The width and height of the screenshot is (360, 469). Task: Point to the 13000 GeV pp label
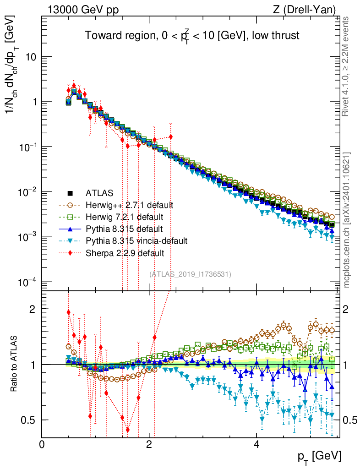tap(82, 8)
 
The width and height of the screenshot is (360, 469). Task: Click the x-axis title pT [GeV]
tap(320, 456)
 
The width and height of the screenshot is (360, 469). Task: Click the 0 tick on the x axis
tap(42, 445)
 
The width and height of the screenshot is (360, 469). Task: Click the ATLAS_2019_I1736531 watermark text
tap(190, 274)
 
